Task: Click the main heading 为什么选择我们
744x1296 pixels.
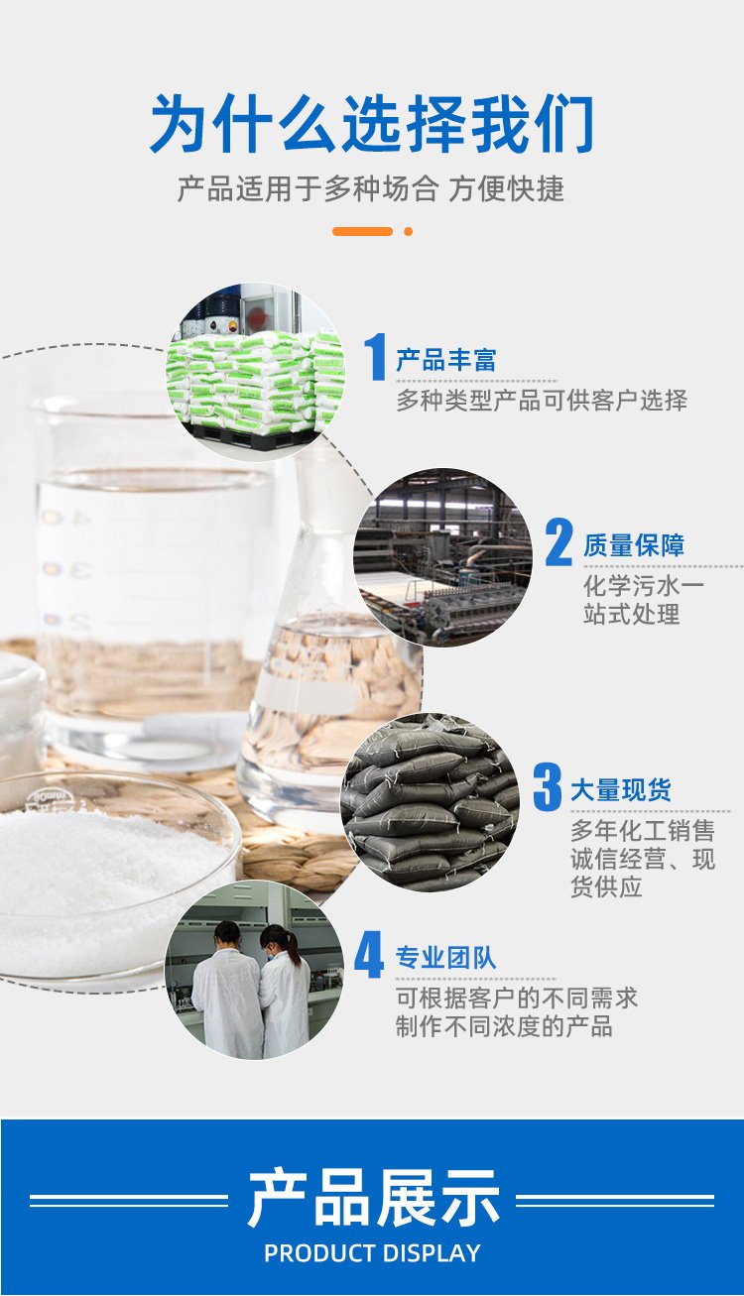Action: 372,123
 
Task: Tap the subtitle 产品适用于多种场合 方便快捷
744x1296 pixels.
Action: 371,188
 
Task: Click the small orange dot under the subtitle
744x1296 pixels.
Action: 408,231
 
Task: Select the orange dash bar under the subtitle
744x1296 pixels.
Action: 362,231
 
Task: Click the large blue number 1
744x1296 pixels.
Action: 375,357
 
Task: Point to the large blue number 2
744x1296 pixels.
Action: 558,542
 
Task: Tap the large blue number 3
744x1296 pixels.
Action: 548,786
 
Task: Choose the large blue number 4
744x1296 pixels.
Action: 369,954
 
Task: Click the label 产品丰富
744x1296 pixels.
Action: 445,360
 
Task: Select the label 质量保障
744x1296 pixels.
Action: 634,545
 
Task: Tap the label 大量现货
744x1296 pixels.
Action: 621,789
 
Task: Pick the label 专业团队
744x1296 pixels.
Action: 445,958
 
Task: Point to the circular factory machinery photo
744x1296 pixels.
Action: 442,557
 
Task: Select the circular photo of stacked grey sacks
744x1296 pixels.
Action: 430,801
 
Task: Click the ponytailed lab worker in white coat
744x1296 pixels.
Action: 285,991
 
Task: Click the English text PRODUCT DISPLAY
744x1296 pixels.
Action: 372,1252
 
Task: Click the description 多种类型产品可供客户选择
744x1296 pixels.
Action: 542,401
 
